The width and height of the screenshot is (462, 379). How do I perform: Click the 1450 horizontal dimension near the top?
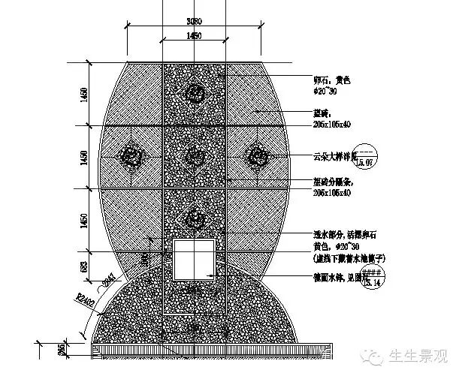[195, 35]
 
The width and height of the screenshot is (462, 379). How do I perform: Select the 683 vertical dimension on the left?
[85, 266]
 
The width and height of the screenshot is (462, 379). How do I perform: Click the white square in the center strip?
[195, 258]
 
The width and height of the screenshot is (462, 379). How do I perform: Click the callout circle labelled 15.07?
[367, 157]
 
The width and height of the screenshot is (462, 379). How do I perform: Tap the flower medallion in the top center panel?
[195, 93]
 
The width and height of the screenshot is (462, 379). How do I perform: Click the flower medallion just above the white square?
[195, 218]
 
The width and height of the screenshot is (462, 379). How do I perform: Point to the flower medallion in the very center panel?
[195, 156]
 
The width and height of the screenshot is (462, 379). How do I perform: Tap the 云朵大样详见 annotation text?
[334, 158]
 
